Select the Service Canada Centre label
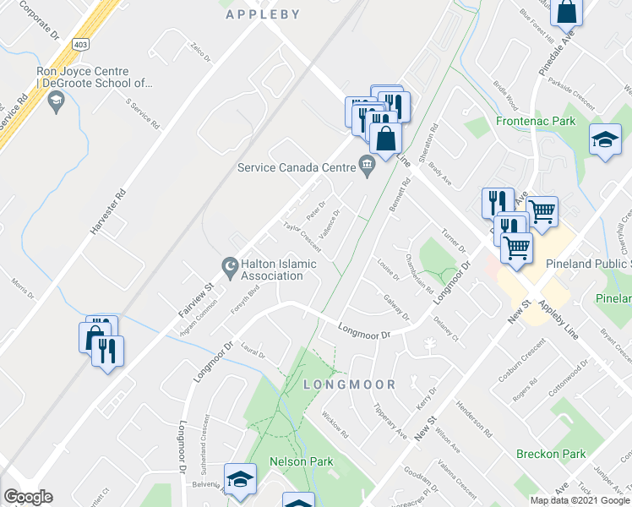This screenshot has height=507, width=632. (297, 167)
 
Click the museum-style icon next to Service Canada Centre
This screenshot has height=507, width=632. (367, 166)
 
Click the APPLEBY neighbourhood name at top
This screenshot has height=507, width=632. (263, 14)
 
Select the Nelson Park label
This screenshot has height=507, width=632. (301, 461)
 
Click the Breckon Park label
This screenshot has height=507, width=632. (551, 454)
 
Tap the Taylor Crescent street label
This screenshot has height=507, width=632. (302, 237)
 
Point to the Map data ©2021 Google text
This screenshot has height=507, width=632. (580, 500)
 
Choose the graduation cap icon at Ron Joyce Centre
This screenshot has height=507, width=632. (57, 104)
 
